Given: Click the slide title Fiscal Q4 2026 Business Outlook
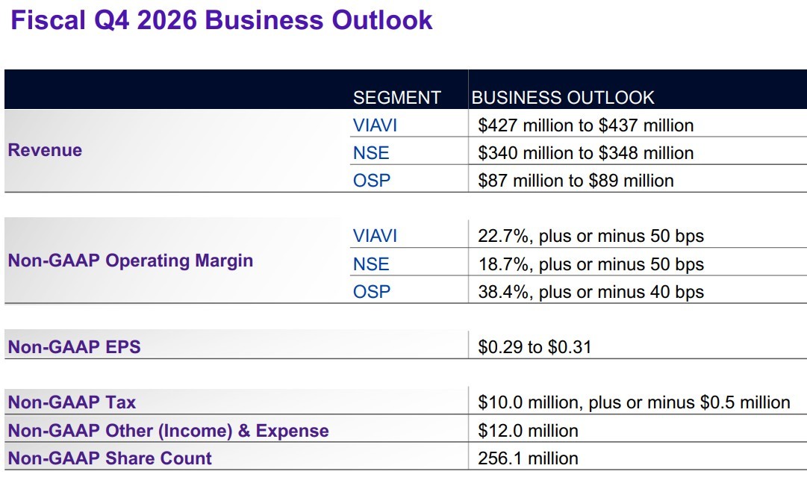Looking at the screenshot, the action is [x=222, y=21].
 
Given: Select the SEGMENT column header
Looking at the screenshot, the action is [x=397, y=97].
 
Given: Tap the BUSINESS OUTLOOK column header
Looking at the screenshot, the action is [x=563, y=97].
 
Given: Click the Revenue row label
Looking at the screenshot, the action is [x=46, y=150].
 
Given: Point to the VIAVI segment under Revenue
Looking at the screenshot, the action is [x=375, y=125].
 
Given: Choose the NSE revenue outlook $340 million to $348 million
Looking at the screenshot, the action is [x=586, y=153].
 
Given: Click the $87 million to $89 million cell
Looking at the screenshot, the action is [x=576, y=181].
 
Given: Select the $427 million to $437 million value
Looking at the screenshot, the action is [x=586, y=125].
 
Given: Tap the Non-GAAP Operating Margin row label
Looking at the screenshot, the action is [x=131, y=261].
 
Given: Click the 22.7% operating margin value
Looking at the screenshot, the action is [x=591, y=236].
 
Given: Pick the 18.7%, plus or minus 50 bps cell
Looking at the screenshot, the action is [x=591, y=264].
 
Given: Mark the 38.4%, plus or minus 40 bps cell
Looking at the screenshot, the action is [x=591, y=292].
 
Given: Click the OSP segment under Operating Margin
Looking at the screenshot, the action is [x=372, y=292].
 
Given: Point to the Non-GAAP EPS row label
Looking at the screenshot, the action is [x=74, y=347].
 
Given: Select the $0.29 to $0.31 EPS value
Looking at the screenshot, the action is [x=535, y=347].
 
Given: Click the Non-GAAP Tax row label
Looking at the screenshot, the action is [x=72, y=402].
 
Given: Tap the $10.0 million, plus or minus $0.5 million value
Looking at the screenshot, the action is [x=634, y=402].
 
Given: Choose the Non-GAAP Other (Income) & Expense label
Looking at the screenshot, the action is [x=168, y=430].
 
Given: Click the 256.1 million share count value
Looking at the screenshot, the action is [x=528, y=458].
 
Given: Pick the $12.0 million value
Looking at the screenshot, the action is [x=528, y=430].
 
